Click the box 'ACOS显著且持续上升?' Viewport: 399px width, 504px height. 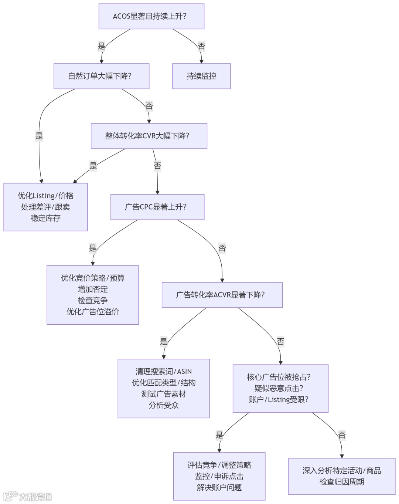coord(151,16)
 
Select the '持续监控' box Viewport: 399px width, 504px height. coord(201,76)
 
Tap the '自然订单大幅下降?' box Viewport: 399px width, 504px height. coord(101,76)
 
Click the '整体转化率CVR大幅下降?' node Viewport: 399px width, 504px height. coord(149,136)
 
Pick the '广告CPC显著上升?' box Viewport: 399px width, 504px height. coord(157,207)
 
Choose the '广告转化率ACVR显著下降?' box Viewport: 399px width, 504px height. coord(222,295)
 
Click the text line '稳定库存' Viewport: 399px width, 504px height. coord(45,218)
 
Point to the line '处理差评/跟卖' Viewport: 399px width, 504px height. coord(45,207)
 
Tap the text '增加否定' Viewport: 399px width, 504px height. coord(93,289)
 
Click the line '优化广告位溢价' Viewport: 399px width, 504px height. coord(93,312)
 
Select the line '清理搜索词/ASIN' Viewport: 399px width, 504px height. coord(164,372)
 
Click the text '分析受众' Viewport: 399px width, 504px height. coord(164,405)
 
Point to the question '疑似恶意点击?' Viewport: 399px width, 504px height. coord(280,388)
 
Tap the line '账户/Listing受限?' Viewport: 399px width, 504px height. coord(280,399)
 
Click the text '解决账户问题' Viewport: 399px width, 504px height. coord(219,487)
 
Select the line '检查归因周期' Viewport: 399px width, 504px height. coord(342,482)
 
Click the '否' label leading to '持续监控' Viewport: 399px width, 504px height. coord(201,46)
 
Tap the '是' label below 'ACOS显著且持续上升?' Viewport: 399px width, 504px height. coord(102,46)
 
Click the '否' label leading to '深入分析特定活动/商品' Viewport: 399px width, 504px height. coord(342,435)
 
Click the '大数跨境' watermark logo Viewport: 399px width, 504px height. coord(28,496)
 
